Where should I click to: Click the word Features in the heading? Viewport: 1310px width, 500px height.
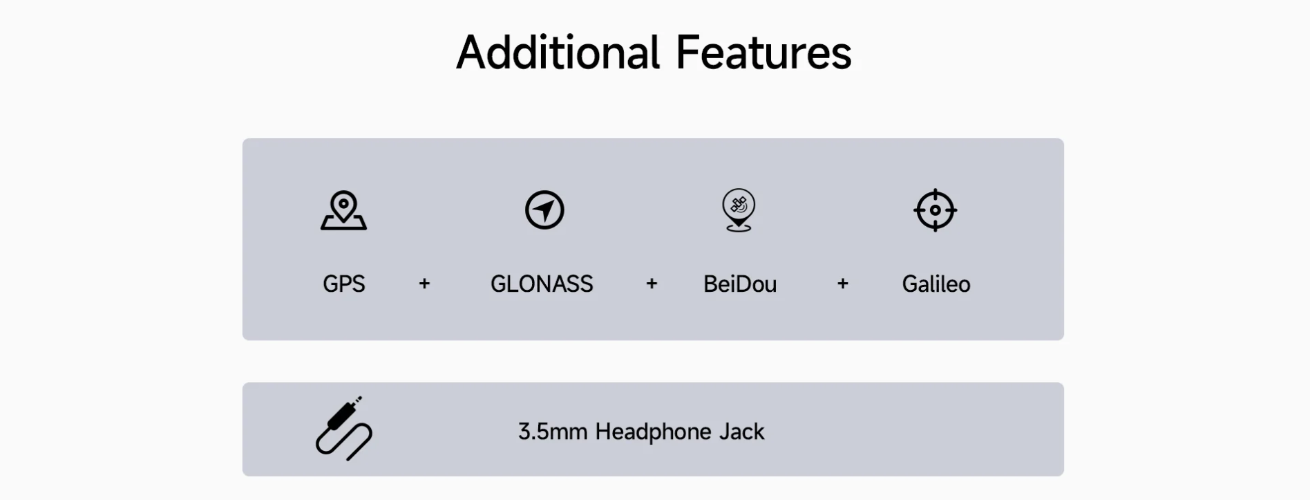pos(763,53)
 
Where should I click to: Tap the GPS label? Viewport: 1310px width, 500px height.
pos(343,284)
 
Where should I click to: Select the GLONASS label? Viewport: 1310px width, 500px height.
pos(542,284)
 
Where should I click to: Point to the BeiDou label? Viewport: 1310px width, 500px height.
pos(740,284)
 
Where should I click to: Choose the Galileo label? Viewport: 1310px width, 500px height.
pos(936,284)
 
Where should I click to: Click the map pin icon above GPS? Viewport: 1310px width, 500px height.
pos(343,210)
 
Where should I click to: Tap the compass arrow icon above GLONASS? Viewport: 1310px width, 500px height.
pos(544,210)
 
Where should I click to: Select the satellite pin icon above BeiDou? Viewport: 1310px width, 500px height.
pos(739,210)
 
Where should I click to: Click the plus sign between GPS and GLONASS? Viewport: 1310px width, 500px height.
pos(424,284)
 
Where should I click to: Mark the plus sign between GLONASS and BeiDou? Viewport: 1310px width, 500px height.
pos(652,284)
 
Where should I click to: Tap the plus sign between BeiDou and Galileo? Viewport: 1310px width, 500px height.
pos(842,284)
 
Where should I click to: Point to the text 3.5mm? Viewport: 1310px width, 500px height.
pos(553,432)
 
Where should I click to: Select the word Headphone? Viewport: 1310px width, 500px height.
pos(653,432)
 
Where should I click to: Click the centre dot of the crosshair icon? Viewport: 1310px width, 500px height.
pos(935,210)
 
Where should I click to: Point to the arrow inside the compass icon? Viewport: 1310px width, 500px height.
pos(545,209)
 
